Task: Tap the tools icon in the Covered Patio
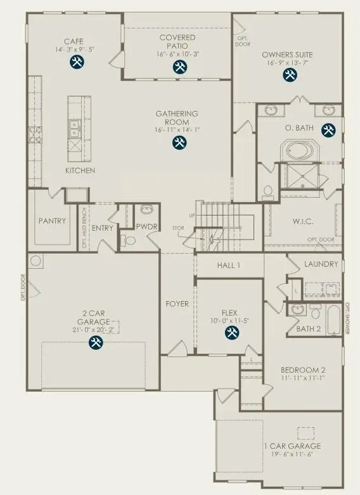(x=177, y=68)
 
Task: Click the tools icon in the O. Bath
(x=328, y=131)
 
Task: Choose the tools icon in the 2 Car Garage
(x=96, y=343)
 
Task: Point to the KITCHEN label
(x=80, y=171)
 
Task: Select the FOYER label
(x=177, y=304)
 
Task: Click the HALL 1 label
(x=230, y=265)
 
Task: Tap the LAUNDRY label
(x=321, y=264)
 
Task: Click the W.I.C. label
(x=305, y=222)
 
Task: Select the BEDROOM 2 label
(x=304, y=370)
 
